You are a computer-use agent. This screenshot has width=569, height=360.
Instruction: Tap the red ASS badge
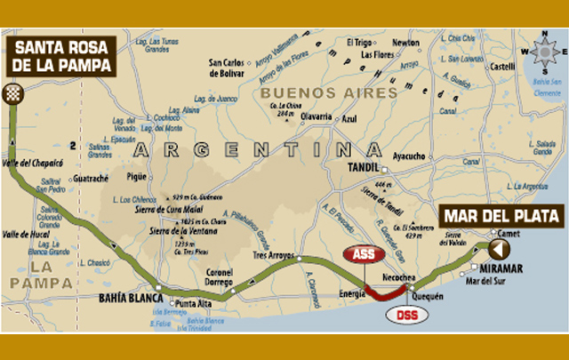364,254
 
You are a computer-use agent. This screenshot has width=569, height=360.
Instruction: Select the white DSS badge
407,314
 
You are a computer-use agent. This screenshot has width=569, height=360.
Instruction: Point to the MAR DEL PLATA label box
501,216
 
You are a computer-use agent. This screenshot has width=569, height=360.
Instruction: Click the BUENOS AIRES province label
328,92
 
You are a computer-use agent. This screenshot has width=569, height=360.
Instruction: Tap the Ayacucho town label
407,156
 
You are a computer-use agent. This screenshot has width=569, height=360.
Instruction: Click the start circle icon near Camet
494,246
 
